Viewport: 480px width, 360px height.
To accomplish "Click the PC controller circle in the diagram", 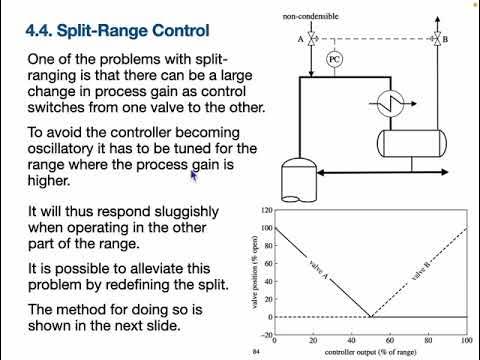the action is pos(335,59).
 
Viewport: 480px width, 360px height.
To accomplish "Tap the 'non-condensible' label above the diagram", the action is pos(310,17).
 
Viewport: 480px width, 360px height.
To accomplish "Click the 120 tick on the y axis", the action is pos(265,211).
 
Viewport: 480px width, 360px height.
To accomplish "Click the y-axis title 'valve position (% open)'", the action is pos(253,266).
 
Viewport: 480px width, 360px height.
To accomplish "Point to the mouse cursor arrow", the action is pos(195,174).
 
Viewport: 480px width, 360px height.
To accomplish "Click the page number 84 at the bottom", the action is pos(257,353).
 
